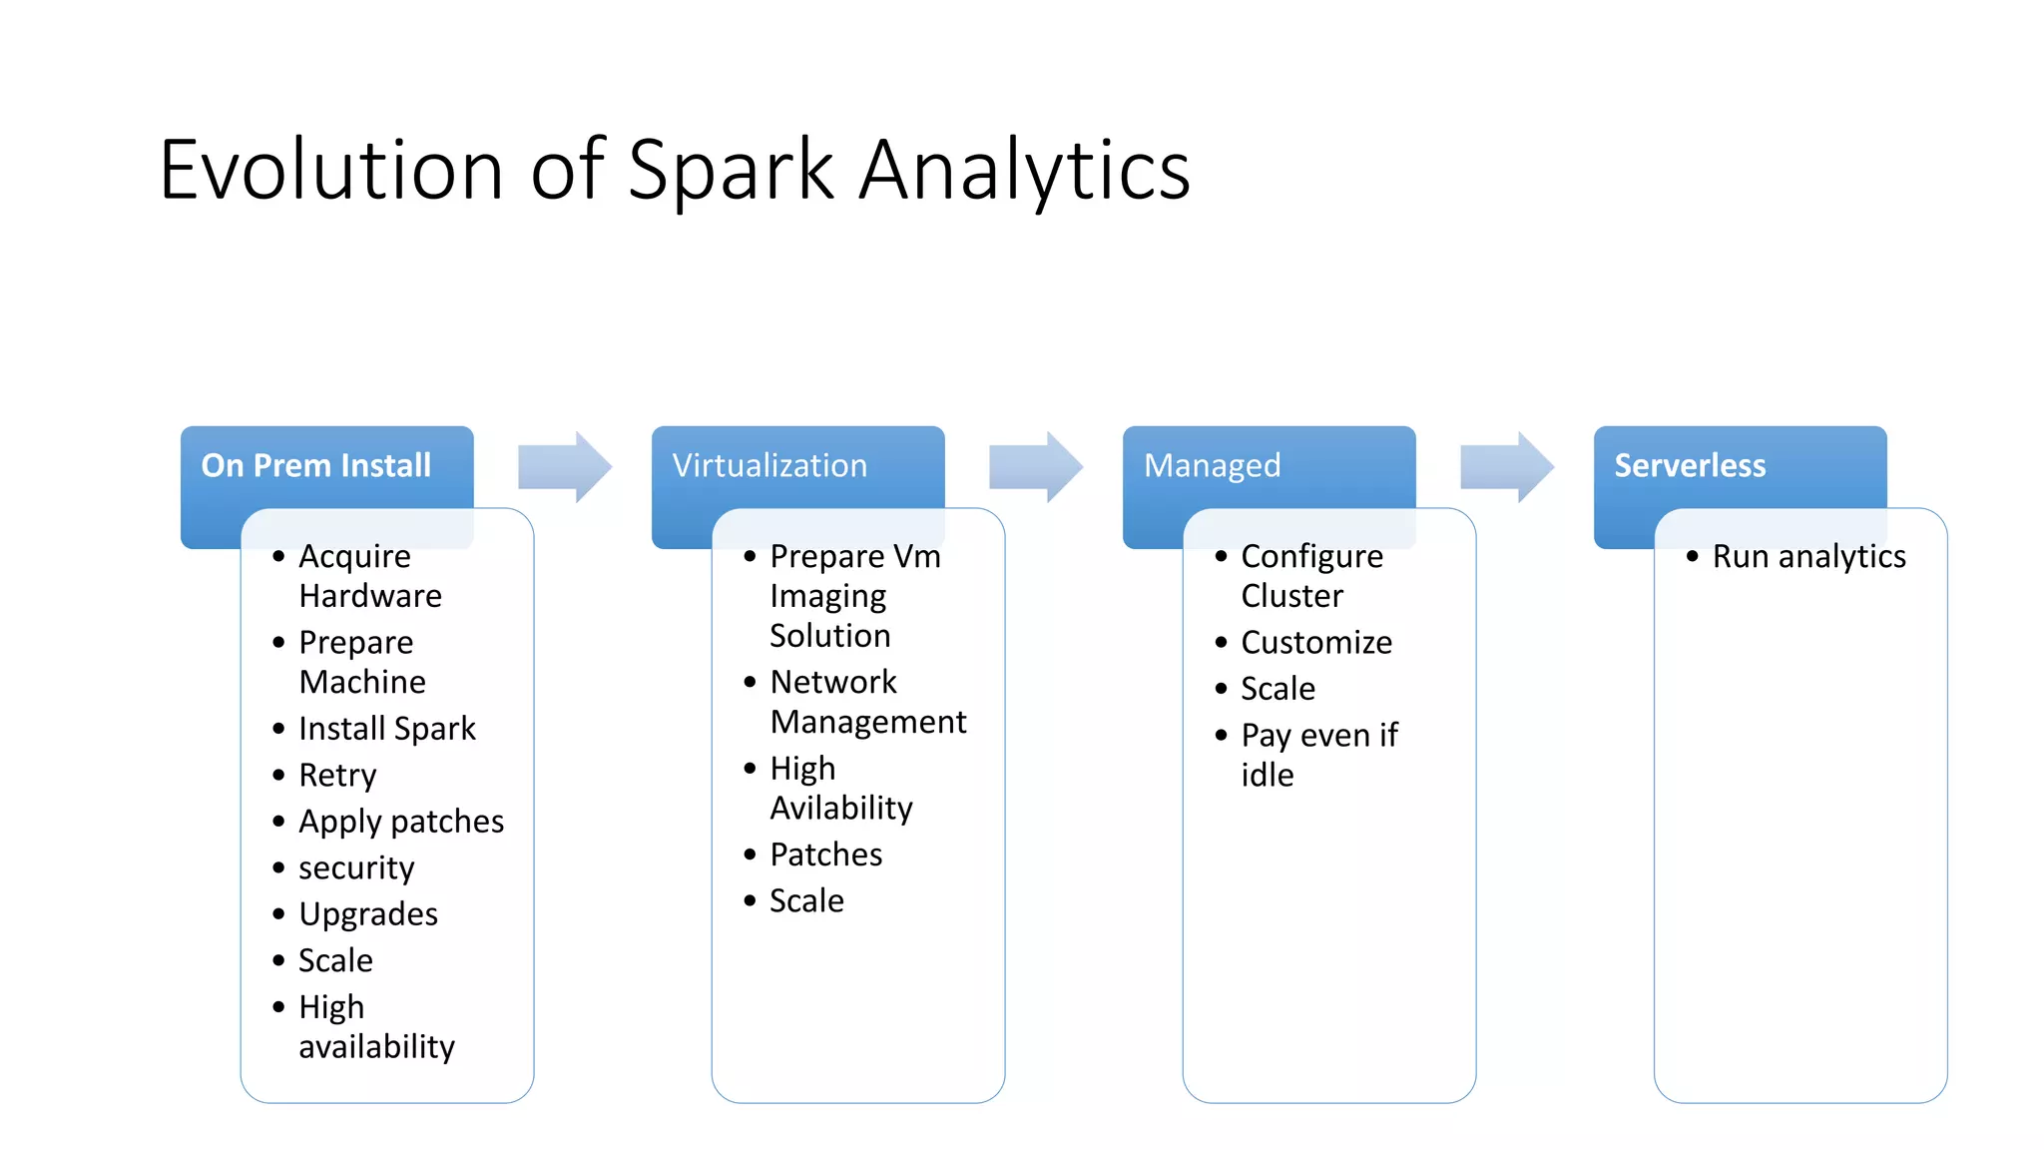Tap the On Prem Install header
point(316,465)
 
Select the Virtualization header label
point(769,465)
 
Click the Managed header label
point(1212,465)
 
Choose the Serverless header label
point(1690,465)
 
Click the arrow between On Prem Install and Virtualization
point(564,466)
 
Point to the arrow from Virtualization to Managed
point(1035,466)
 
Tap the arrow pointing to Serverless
point(1506,466)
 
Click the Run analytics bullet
point(1808,556)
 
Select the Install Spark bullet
point(387,729)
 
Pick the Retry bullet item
point(337,775)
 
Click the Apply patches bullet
point(401,822)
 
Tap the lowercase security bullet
point(356,867)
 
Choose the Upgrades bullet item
point(368,914)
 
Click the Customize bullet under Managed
point(1315,643)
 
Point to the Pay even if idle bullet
point(1317,755)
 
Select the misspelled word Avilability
point(841,808)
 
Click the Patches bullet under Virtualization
point(826,855)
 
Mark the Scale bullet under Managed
point(1277,689)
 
